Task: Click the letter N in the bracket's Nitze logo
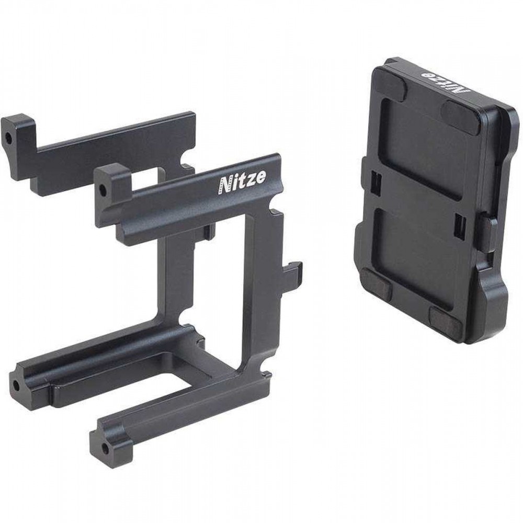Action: (224, 185)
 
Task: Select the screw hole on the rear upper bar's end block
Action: (8, 137)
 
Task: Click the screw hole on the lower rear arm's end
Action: (16, 386)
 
